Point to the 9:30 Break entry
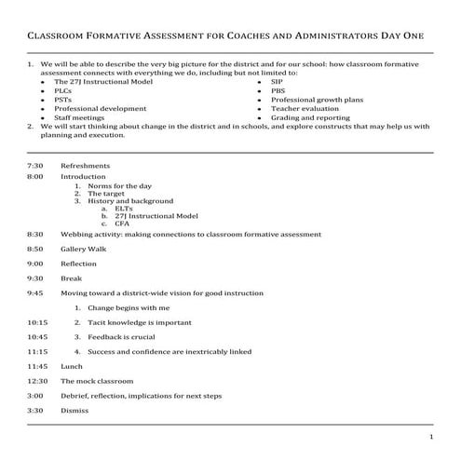(x=72, y=278)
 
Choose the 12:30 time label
(x=37, y=381)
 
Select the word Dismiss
(x=75, y=410)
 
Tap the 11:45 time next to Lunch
(x=37, y=366)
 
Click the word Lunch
(x=72, y=366)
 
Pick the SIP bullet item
(x=277, y=82)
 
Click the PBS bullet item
(x=278, y=91)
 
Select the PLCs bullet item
(x=63, y=91)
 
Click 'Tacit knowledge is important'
(x=139, y=321)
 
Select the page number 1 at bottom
(x=431, y=437)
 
